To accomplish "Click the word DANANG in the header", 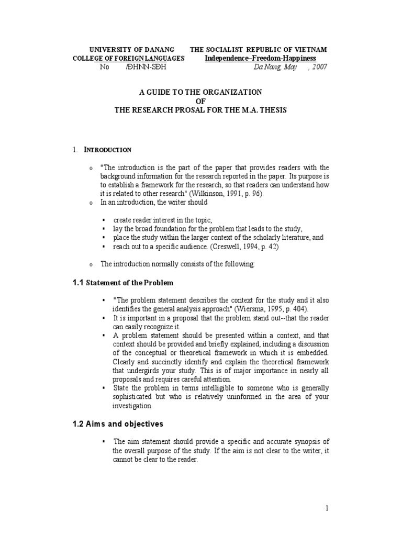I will pyautogui.click(x=161, y=49).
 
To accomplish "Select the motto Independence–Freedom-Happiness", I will pyautogui.click(x=260, y=58).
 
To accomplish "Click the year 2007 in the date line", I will pyautogui.click(x=319, y=68).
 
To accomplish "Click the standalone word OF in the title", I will pyautogui.click(x=200, y=101).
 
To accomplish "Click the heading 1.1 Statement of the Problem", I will pyautogui.click(x=122, y=283).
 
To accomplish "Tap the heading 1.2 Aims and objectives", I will pyautogui.click(x=118, y=424).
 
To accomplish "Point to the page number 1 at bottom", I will pyautogui.click(x=327, y=508).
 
